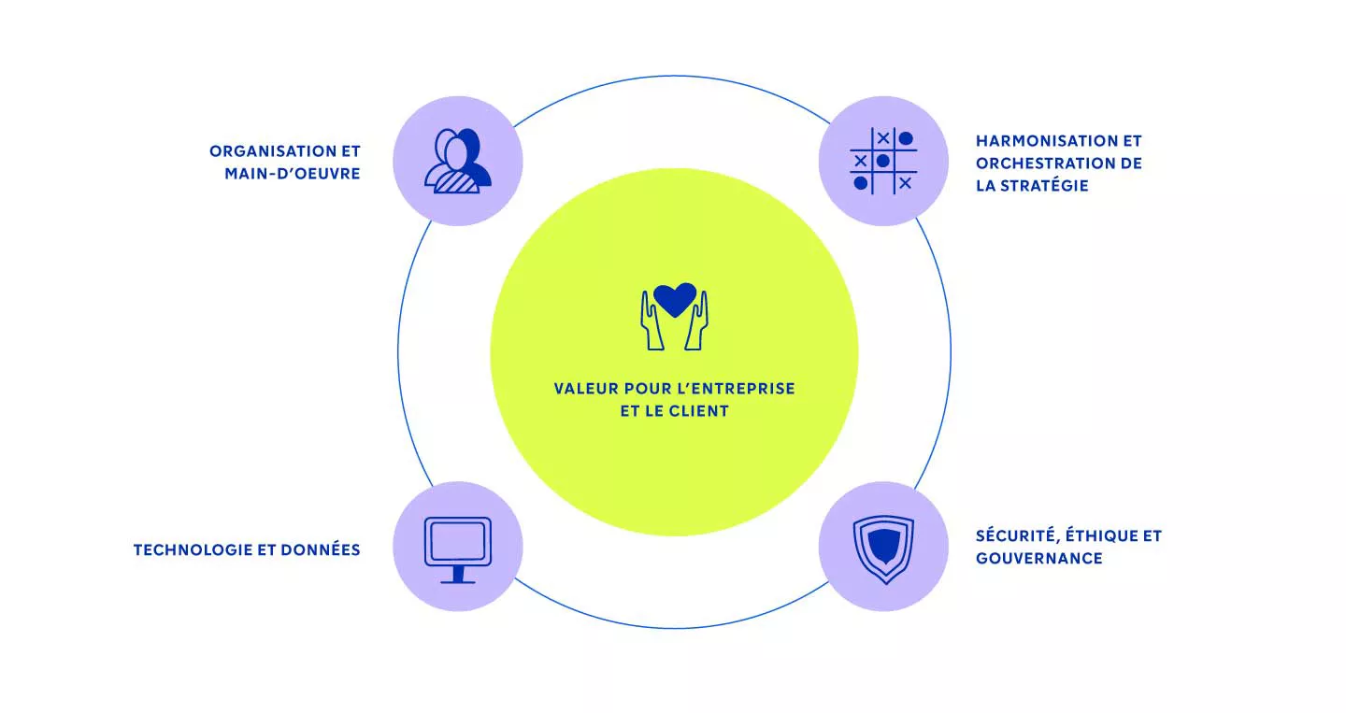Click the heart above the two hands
pos(674,299)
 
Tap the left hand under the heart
pos(652,321)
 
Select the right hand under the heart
pos(696,321)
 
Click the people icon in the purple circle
pos(458,161)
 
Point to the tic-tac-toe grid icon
pos(883,161)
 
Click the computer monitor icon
pos(458,549)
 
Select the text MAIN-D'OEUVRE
pos(293,174)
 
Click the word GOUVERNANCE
pos(1039,558)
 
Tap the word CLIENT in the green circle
pos(699,411)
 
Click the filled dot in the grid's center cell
pos(882,161)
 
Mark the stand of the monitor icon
pos(458,575)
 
